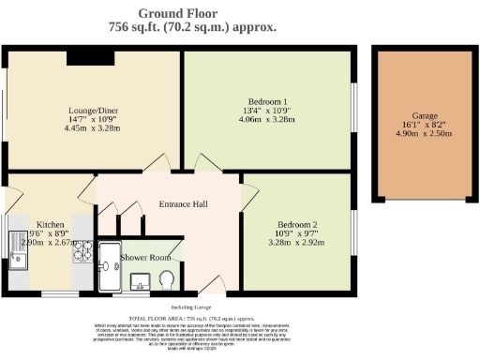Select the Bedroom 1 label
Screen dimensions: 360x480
pyautogui.click(x=267, y=101)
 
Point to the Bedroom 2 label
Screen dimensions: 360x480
pyautogui.click(x=297, y=225)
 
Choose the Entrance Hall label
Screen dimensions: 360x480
pyautogui.click(x=183, y=205)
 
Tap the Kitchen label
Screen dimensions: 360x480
pyautogui.click(x=50, y=226)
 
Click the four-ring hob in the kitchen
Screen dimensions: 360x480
pyautogui.click(x=82, y=249)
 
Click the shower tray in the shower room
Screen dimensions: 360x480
pyautogui.click(x=109, y=266)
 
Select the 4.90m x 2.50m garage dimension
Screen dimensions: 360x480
pyautogui.click(x=424, y=134)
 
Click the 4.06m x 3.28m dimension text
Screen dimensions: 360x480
pyautogui.click(x=267, y=120)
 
